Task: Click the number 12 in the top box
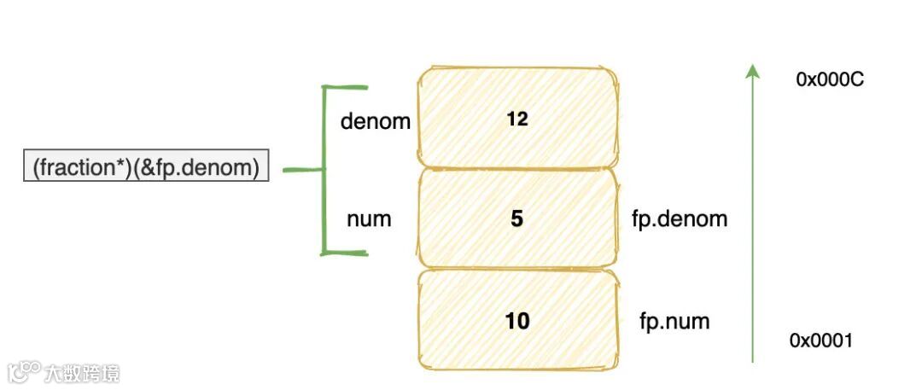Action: [x=516, y=119]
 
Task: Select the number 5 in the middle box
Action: [x=516, y=219]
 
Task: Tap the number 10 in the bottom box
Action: [x=516, y=321]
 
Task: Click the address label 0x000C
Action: [x=831, y=79]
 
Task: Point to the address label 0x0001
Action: [x=820, y=341]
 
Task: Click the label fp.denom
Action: [x=680, y=219]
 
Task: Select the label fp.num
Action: [x=674, y=322]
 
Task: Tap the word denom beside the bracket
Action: [x=376, y=122]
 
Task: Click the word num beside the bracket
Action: [x=369, y=219]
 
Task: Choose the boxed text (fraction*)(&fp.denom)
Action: [x=145, y=168]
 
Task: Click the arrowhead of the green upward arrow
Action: [x=752, y=72]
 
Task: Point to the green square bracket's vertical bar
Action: [x=324, y=170]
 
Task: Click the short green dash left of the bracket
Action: [x=301, y=170]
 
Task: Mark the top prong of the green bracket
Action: [x=345, y=87]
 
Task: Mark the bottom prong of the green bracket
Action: [x=345, y=253]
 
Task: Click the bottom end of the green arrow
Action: [x=752, y=360]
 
